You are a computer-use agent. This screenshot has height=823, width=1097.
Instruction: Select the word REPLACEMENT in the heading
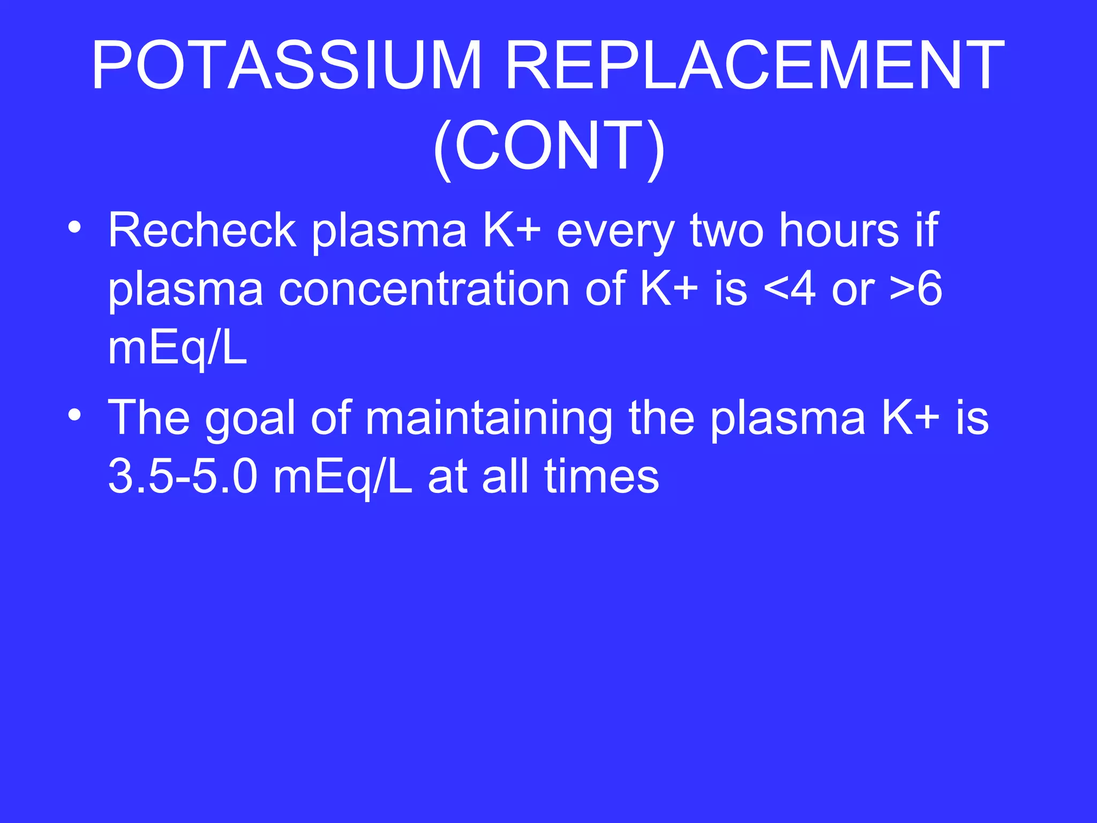coord(754,65)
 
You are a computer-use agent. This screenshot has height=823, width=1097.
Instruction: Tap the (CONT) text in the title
coord(548,146)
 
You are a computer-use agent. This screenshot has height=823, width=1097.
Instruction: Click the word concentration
coord(424,289)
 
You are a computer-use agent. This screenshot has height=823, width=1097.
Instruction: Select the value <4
coord(790,289)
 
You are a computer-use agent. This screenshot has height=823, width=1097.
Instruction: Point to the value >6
coord(916,289)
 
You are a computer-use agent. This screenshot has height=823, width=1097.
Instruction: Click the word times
coord(602,477)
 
